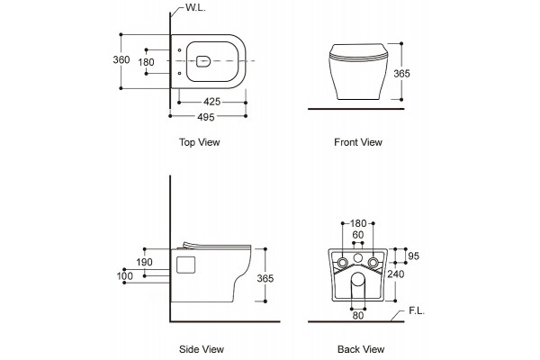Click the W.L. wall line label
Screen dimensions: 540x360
(195, 7)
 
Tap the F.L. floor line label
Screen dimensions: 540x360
(417, 310)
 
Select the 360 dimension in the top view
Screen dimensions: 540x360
(121, 59)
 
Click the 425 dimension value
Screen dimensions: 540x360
(211, 102)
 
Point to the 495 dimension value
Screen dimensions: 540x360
(206, 117)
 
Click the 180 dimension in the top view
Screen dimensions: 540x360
(146, 62)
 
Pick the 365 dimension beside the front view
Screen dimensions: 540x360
(401, 74)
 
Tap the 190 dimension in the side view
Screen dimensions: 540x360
(144, 262)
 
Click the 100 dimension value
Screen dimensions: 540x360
(125, 276)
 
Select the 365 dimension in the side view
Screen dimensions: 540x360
(265, 278)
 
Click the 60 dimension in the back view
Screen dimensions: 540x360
(358, 235)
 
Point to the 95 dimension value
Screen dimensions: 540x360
(413, 256)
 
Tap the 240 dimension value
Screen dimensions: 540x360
(396, 274)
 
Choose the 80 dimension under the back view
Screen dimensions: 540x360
(358, 315)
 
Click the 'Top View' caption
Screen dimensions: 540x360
(200, 142)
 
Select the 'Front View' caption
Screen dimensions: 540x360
(358, 142)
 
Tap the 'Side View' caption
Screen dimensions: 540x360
(202, 349)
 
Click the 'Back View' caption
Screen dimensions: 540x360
(361, 349)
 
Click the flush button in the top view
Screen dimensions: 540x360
(203, 61)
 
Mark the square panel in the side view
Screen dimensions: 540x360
(185, 265)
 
